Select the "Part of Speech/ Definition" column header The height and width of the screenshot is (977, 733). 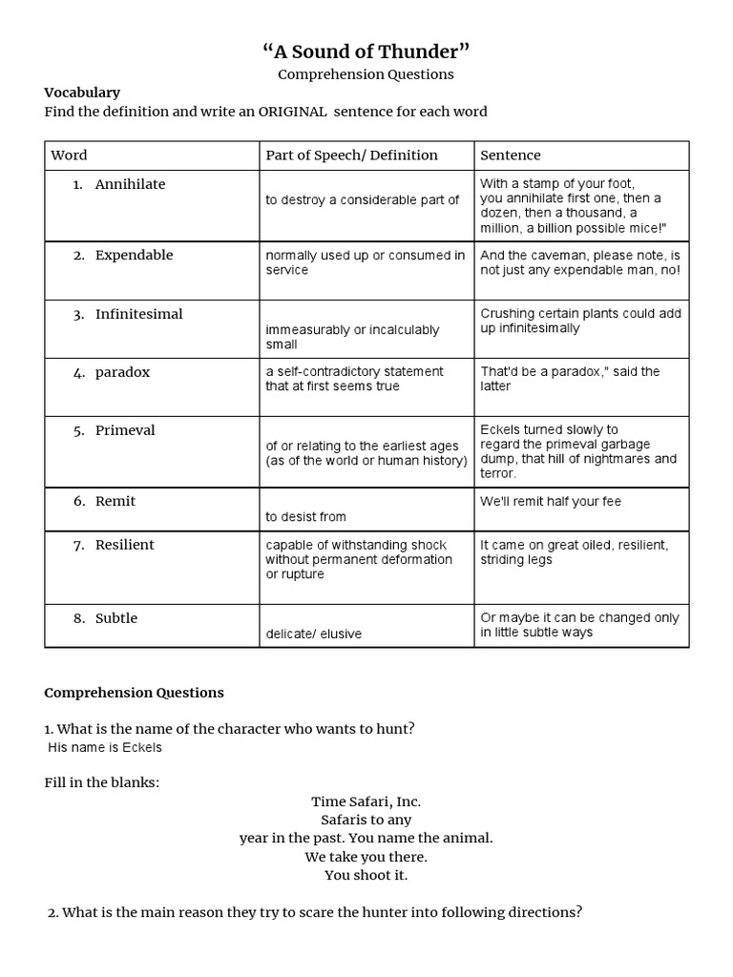pyautogui.click(x=351, y=155)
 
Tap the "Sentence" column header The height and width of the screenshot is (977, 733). pyautogui.click(x=511, y=155)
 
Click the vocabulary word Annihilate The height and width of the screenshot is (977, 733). pyautogui.click(x=130, y=184)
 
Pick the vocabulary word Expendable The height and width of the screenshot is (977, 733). pyautogui.click(x=134, y=255)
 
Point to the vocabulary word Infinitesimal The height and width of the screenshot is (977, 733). pyautogui.click(x=138, y=314)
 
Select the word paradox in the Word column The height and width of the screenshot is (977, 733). pyautogui.click(x=122, y=372)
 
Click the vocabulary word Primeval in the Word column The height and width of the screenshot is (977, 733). pyautogui.click(x=125, y=430)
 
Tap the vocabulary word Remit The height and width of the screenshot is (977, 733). pyautogui.click(x=115, y=501)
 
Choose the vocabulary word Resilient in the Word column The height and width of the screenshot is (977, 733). pyautogui.click(x=124, y=545)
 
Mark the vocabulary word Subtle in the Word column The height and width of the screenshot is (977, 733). pyautogui.click(x=115, y=618)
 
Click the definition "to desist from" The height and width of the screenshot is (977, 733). pyautogui.click(x=305, y=517)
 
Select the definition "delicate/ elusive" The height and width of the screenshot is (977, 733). pyautogui.click(x=313, y=634)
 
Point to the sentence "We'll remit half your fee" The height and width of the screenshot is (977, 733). pyautogui.click(x=551, y=502)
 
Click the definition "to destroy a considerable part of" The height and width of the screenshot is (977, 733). pyautogui.click(x=362, y=200)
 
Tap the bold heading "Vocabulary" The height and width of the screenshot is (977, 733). pyautogui.click(x=82, y=93)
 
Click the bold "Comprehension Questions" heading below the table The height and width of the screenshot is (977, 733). pyautogui.click(x=134, y=693)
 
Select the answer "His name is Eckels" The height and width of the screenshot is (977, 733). pyautogui.click(x=105, y=747)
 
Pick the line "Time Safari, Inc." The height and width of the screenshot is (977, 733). pyautogui.click(x=366, y=801)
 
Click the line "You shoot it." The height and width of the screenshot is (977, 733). pyautogui.click(x=366, y=875)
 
